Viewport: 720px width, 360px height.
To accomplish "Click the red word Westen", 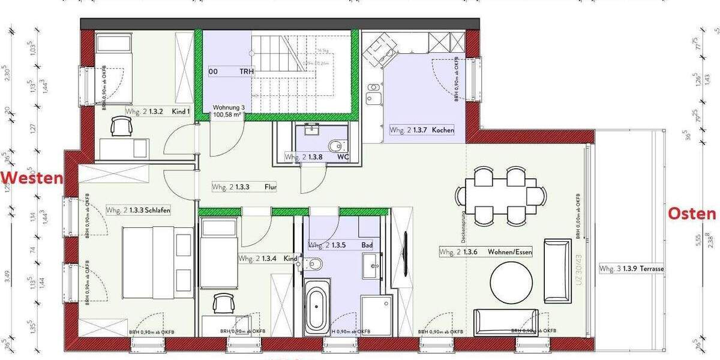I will [31, 178].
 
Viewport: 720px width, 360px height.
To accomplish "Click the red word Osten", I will [692, 214].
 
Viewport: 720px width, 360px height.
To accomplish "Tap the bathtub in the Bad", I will [317, 306].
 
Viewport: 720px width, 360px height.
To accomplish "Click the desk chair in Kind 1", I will [122, 126].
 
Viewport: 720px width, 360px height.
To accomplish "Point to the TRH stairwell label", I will [247, 71].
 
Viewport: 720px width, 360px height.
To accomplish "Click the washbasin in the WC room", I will [312, 130].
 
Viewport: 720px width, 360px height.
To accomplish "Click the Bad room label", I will [367, 245].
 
